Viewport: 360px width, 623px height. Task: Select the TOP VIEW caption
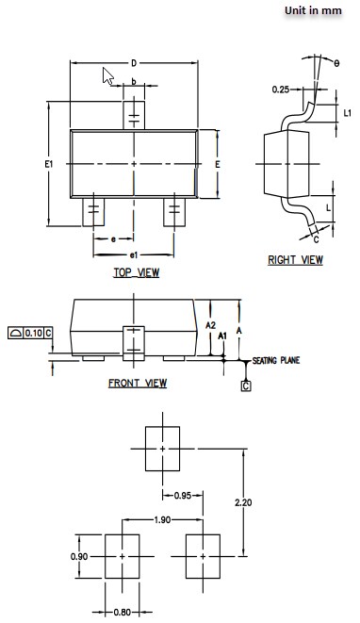[x=136, y=273]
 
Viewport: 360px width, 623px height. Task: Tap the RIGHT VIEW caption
[x=295, y=260]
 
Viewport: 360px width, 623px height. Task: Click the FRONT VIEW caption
[x=138, y=384]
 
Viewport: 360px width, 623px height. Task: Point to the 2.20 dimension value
[x=243, y=503]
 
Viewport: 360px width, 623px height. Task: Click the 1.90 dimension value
[x=162, y=520]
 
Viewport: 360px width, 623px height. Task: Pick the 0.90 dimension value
[x=79, y=557]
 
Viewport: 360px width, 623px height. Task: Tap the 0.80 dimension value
[x=123, y=612]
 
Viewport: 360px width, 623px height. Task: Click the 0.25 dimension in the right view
[x=280, y=90]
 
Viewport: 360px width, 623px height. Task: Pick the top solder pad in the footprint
[x=162, y=448]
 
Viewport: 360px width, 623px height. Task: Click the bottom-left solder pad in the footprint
[x=122, y=556]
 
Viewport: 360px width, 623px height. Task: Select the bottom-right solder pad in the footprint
[x=203, y=556]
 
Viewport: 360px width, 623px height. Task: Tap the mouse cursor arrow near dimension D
[x=108, y=76]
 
